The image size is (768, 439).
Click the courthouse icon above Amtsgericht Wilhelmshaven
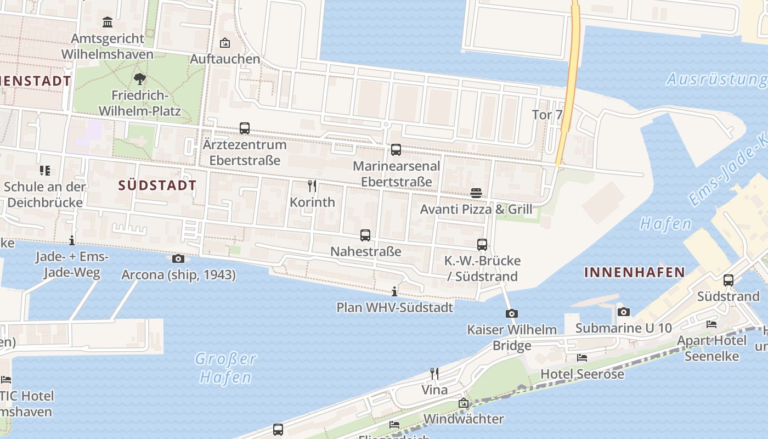[108, 22]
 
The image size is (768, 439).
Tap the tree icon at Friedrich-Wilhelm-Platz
[140, 78]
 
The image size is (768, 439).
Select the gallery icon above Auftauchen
[225, 43]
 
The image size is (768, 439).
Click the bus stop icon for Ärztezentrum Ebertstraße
[245, 128]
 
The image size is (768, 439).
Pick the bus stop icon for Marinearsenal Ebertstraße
[396, 150]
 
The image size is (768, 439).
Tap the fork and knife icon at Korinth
[312, 185]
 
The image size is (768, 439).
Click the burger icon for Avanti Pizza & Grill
[476, 193]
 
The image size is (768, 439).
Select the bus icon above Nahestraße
[365, 235]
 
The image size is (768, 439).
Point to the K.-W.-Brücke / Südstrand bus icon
[482, 245]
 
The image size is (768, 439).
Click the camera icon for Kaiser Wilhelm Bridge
[511, 313]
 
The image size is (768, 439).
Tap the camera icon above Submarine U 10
[624, 312]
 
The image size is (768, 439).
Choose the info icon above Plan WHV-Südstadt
[394, 291]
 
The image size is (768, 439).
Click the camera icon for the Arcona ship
[178, 258]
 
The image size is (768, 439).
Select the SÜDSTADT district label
[157, 185]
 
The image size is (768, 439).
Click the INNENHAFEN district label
[635, 272]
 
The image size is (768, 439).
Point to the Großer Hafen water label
[225, 368]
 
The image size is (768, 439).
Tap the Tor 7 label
[547, 115]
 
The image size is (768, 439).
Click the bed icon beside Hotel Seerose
[582, 358]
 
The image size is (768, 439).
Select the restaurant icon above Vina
[434, 374]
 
